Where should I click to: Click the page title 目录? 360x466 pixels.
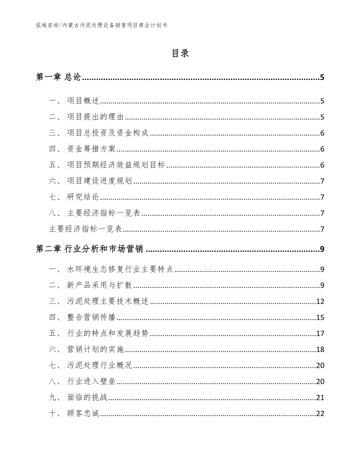(x=180, y=54)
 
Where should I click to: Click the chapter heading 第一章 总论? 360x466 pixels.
(x=58, y=77)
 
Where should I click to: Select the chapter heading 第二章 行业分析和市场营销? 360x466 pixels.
(x=90, y=249)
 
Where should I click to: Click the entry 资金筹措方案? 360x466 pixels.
(x=92, y=149)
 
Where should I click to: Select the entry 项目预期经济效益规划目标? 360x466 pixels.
(x=116, y=165)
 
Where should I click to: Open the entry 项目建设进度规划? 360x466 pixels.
(x=100, y=181)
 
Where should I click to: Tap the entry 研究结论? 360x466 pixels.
(x=83, y=197)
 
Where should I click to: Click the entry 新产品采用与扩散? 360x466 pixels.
(x=100, y=286)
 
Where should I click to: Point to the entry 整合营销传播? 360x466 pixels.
(x=92, y=317)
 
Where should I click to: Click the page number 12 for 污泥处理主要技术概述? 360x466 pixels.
(x=320, y=302)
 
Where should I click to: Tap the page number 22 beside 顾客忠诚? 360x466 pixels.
(x=320, y=414)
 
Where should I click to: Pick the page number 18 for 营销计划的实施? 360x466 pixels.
(x=320, y=349)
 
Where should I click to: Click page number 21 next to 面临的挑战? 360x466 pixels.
(x=320, y=398)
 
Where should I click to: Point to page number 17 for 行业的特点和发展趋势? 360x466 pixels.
(x=320, y=333)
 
